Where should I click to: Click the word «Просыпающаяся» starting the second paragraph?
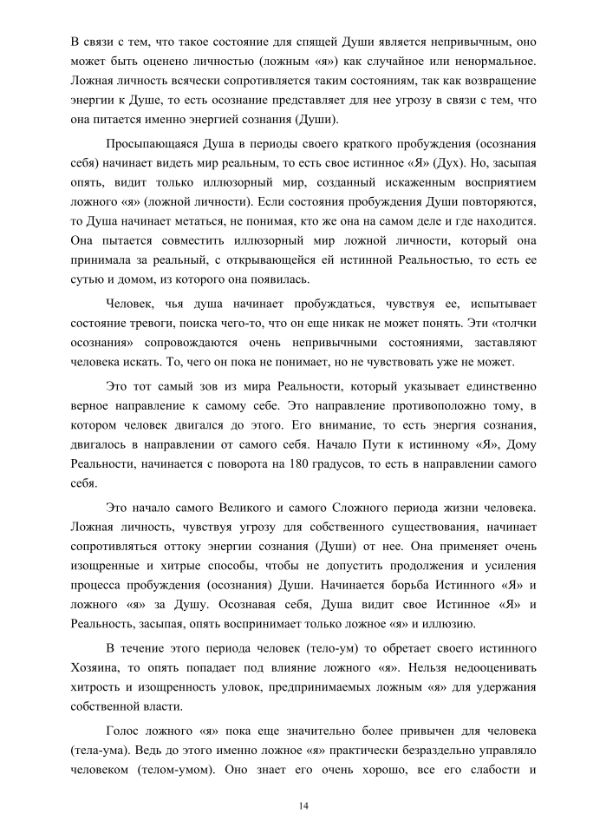coord(149,143)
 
